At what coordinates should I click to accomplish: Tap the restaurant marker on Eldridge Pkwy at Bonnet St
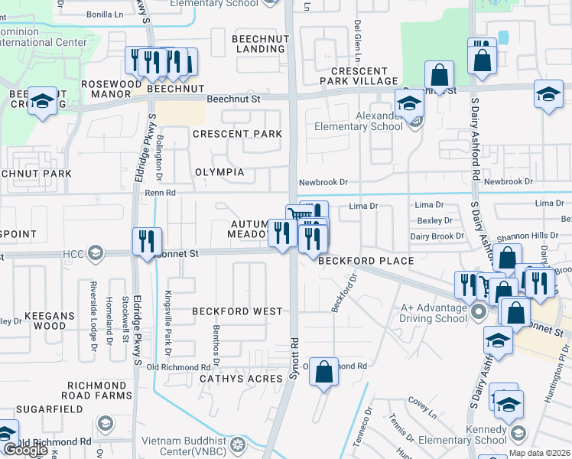(146, 241)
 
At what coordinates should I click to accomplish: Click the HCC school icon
(95, 252)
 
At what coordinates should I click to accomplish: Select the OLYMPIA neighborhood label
(219, 172)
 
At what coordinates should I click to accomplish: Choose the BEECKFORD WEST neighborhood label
(226, 311)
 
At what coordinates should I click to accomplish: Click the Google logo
(25, 450)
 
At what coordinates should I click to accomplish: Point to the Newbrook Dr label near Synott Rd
(323, 182)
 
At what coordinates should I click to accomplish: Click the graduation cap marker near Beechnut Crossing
(43, 101)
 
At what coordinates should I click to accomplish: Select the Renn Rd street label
(161, 193)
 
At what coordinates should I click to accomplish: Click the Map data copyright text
(540, 453)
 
